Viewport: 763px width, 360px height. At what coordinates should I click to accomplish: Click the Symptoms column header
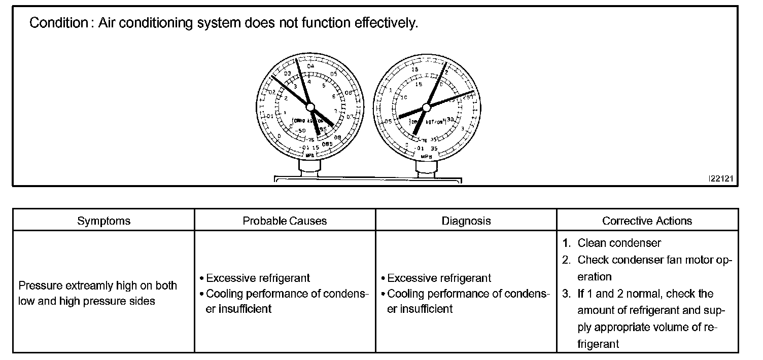click(x=103, y=221)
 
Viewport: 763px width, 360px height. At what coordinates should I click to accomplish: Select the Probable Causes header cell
click(x=285, y=221)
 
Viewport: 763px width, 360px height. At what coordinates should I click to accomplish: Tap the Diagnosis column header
click(x=466, y=221)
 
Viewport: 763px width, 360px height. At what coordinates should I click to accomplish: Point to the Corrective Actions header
click(x=647, y=221)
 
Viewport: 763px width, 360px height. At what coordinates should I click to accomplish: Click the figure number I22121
click(x=720, y=178)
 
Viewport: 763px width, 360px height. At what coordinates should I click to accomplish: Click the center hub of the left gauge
click(x=311, y=107)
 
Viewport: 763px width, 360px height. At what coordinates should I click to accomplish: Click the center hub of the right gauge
click(x=426, y=106)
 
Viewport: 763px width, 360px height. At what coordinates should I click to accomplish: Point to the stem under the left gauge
click(x=309, y=165)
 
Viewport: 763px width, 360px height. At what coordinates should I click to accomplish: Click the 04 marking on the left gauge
click(x=310, y=66)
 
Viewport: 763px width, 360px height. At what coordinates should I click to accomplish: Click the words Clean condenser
click(x=619, y=243)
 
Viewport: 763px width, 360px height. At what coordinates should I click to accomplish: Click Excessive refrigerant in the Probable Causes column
click(x=258, y=278)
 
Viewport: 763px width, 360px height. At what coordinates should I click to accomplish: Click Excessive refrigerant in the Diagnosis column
click(x=439, y=278)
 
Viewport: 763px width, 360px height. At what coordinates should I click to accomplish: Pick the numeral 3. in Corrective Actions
click(x=567, y=294)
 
